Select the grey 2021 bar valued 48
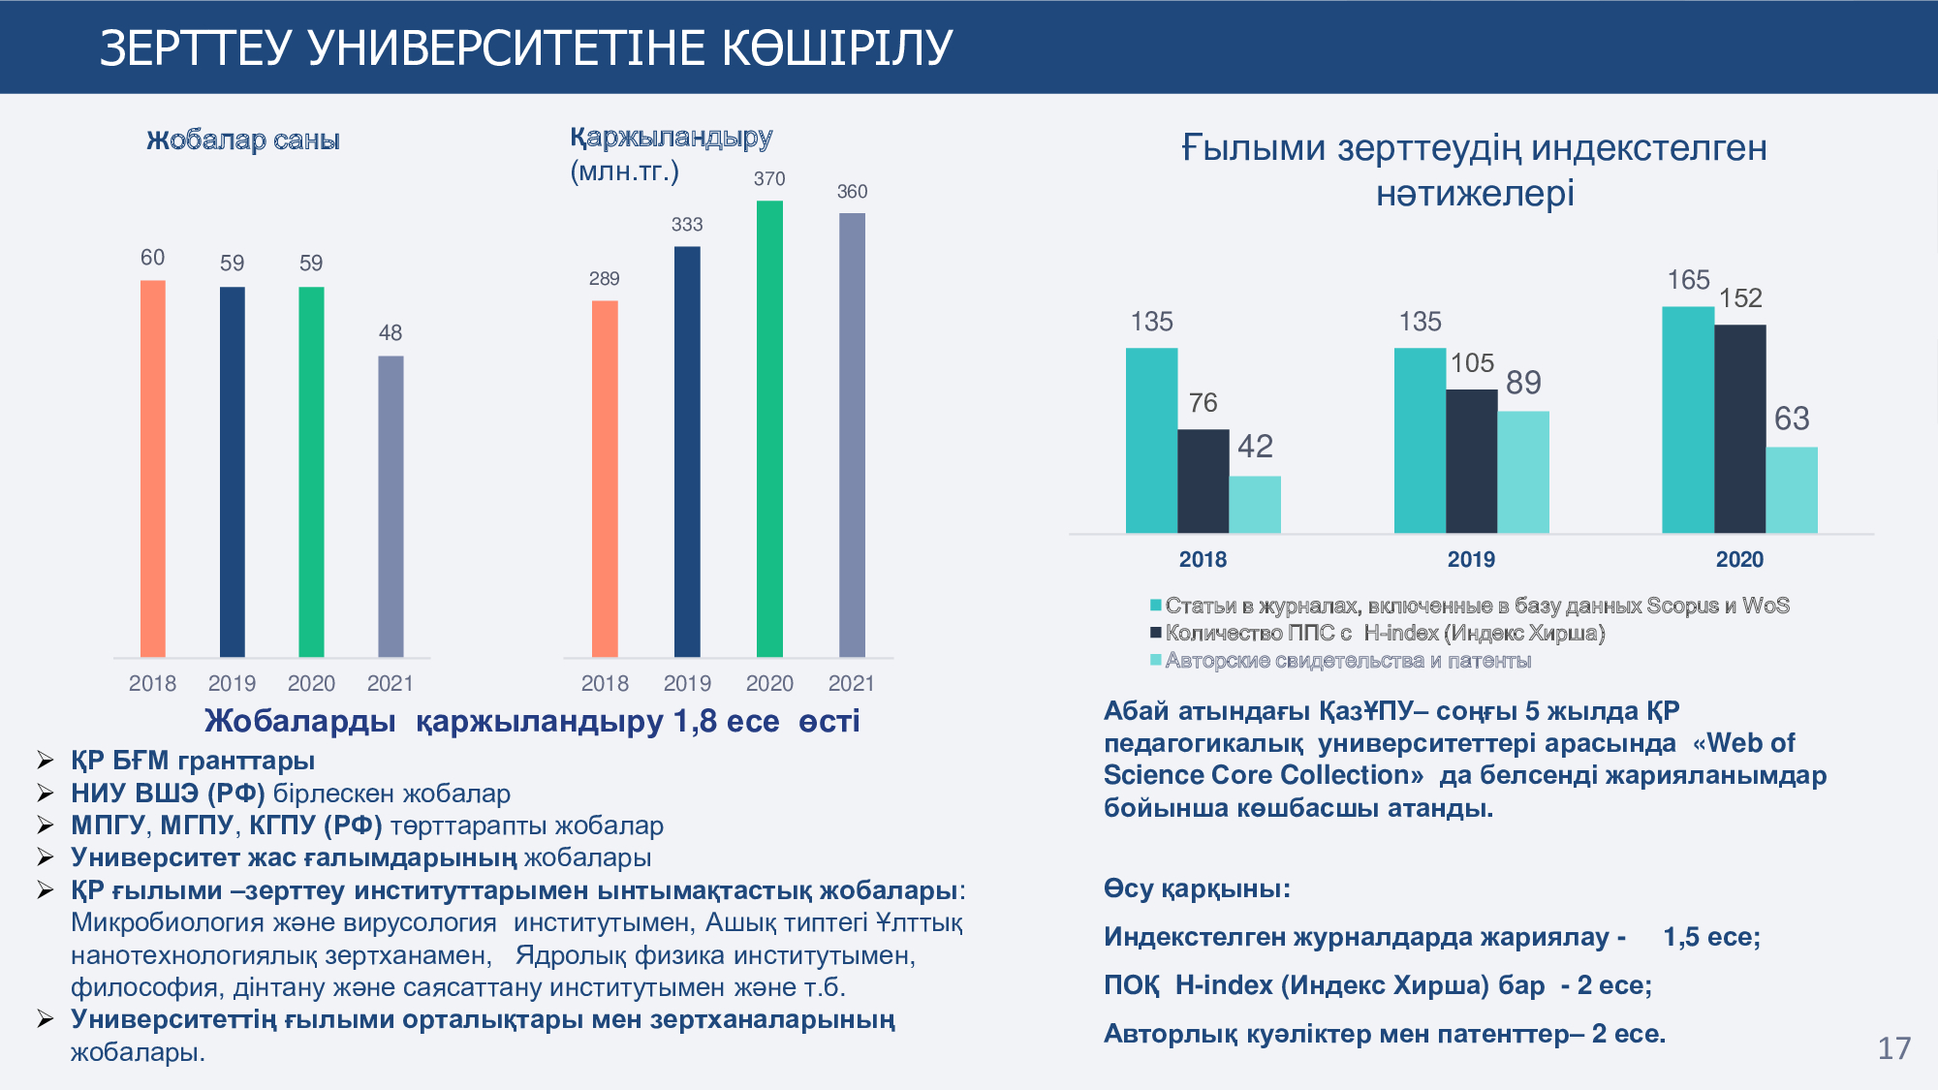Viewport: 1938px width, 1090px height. click(x=391, y=506)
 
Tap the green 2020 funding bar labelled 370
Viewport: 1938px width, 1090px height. click(x=769, y=428)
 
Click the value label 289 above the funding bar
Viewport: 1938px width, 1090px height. click(x=604, y=279)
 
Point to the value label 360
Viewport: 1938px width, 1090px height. click(x=852, y=192)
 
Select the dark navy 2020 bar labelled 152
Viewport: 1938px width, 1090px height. click(x=1739, y=428)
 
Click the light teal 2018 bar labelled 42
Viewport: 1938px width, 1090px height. click(x=1255, y=504)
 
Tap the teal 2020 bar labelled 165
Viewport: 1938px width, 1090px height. click(x=1688, y=420)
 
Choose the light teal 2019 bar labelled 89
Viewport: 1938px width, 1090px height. click(x=1523, y=472)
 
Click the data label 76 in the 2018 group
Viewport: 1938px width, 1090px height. click(x=1203, y=403)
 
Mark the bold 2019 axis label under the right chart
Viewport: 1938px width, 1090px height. click(x=1471, y=559)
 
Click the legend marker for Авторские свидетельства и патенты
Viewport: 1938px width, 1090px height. click(x=1155, y=661)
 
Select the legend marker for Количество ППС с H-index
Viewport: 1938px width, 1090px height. click(x=1155, y=633)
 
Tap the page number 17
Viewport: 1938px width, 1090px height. click(x=1893, y=1048)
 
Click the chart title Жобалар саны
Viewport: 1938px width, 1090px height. click(x=243, y=140)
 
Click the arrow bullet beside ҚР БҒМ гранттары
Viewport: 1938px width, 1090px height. click(x=45, y=761)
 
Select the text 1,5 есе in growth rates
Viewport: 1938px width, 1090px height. click(x=1710, y=937)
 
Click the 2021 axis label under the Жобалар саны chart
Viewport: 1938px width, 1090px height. click(x=390, y=684)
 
